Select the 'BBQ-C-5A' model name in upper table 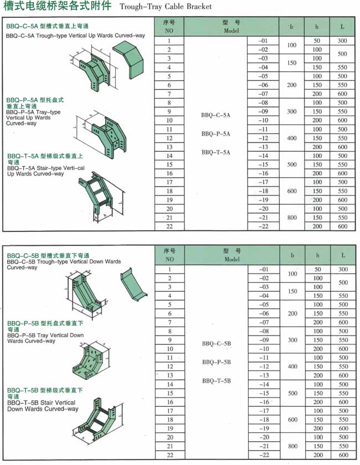[x=215, y=116]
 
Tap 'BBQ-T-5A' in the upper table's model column [x=215, y=152]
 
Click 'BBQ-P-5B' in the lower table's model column [x=216, y=362]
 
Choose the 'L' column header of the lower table [x=343, y=255]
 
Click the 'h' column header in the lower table [x=317, y=255]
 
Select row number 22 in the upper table [x=169, y=226]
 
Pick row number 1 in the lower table [x=169, y=269]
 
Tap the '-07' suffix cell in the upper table [x=263, y=94]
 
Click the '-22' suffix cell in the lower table [x=263, y=455]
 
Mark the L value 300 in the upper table [x=342, y=41]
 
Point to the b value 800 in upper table [x=291, y=218]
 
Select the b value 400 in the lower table [x=292, y=366]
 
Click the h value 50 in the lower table [x=317, y=269]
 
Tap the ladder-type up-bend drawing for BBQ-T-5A [x=100, y=194]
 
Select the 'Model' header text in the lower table [x=232, y=259]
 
